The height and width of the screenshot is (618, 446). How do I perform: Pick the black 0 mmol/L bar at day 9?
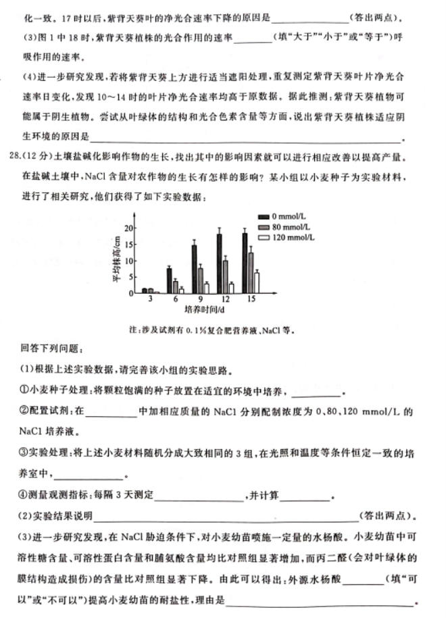pos(194,269)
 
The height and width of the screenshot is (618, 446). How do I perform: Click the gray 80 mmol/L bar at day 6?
pos(175,286)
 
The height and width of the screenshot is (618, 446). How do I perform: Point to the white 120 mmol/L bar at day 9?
pos(206,288)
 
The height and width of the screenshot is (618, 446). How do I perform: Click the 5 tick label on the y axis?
pos(133,277)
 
